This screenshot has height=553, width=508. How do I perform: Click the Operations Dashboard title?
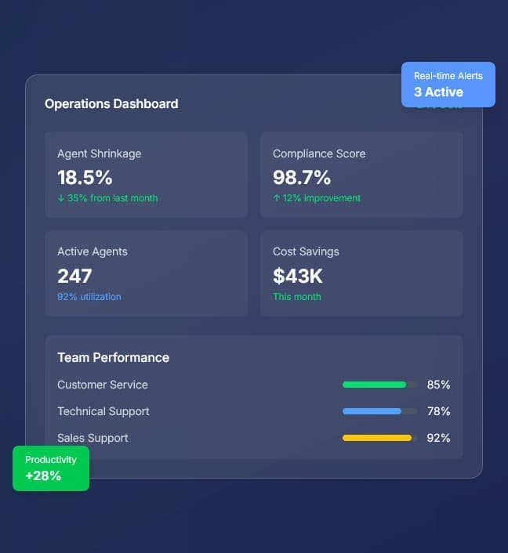[111, 103]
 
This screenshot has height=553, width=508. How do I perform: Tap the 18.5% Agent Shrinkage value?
[85, 177]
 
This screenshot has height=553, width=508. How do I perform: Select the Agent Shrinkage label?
[99, 154]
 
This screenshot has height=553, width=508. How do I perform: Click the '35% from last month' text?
[107, 198]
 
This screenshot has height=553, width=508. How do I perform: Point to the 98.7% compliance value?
[301, 177]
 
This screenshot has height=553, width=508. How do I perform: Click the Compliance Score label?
[319, 154]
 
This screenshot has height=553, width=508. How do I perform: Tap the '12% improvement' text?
[317, 198]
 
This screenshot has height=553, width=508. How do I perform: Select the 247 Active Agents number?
[74, 276]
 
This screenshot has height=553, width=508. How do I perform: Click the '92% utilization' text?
[89, 297]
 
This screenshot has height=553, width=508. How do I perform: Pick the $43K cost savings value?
[297, 276]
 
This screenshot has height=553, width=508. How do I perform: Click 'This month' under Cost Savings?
[296, 297]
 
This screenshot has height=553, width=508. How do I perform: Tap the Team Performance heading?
[113, 357]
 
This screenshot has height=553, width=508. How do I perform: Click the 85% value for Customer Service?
[438, 385]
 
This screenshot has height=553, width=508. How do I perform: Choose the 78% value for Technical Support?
[438, 411]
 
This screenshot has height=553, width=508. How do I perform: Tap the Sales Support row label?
[93, 438]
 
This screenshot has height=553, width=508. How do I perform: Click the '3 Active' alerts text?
[438, 92]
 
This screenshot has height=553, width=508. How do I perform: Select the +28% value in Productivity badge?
[43, 475]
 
